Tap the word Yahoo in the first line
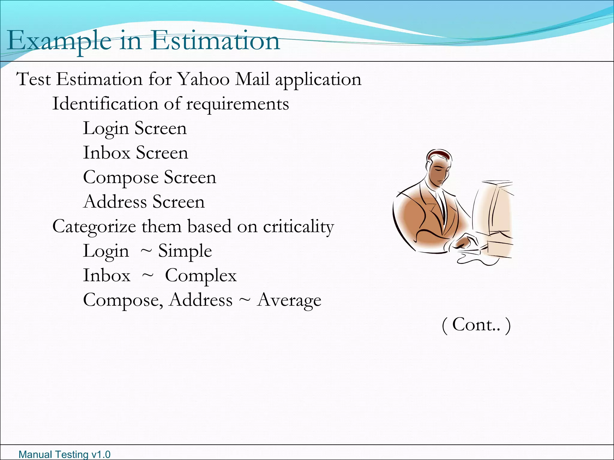(x=203, y=79)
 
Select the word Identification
(x=105, y=104)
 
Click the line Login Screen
(x=135, y=128)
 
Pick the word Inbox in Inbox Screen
(x=106, y=153)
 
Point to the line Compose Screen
(x=149, y=177)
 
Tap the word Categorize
(x=94, y=226)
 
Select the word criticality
(x=298, y=226)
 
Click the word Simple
(x=185, y=251)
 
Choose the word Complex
(x=201, y=276)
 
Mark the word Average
(x=289, y=300)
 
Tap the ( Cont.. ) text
(x=476, y=325)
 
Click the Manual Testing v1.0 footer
(x=64, y=454)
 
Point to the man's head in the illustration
(x=439, y=166)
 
